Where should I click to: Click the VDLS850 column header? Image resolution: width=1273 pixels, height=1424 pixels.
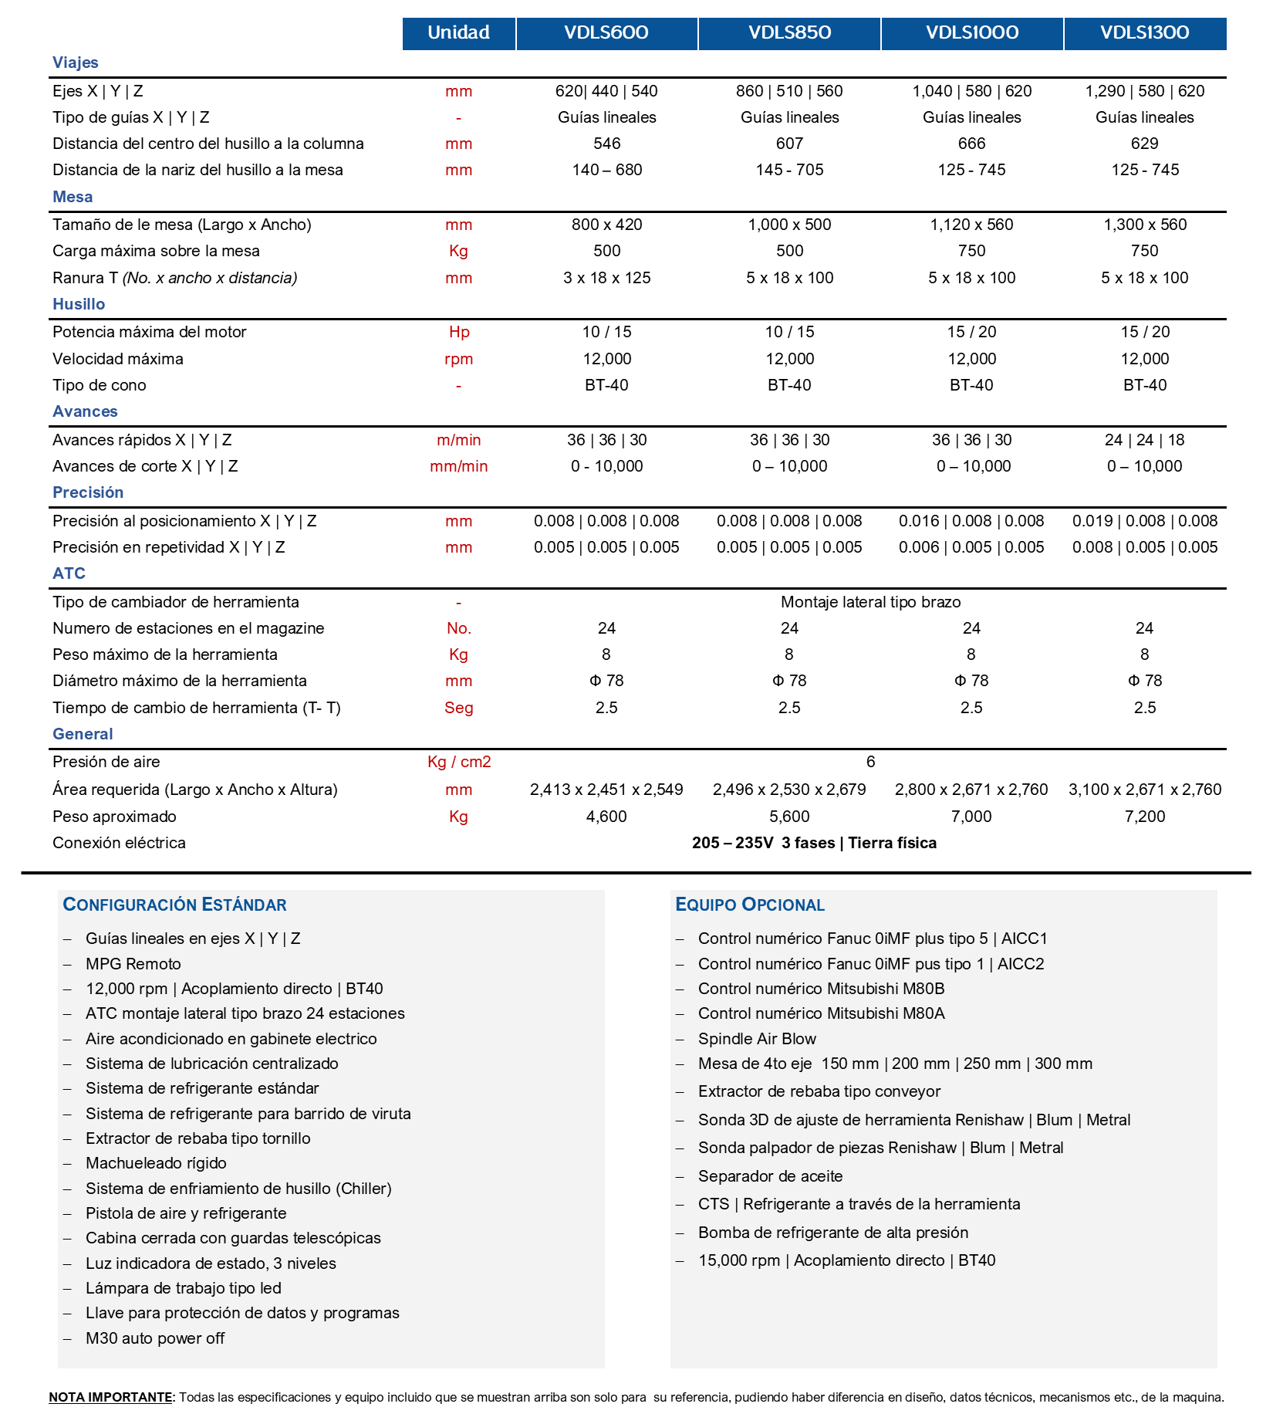coord(789,33)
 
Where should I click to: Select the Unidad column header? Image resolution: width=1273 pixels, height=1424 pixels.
coord(459,33)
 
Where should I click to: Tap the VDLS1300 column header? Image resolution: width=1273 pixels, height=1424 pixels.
coord(1145,33)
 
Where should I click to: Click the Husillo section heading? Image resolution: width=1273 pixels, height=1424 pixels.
coord(79,304)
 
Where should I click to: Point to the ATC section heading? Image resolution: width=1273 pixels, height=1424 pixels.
coord(69,573)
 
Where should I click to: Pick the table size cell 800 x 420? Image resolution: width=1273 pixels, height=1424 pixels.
coord(607,225)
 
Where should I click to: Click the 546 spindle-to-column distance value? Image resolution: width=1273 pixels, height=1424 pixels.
coord(607,144)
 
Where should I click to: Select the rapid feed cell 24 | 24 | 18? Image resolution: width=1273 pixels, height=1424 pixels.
coord(1145,440)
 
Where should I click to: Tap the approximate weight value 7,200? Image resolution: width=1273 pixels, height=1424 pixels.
coord(1145,817)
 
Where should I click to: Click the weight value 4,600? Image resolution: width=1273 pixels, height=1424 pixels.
coord(607,817)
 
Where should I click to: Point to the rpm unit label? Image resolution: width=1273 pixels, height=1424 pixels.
coord(459,359)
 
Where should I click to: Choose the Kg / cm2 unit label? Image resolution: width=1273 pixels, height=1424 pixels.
coord(459,762)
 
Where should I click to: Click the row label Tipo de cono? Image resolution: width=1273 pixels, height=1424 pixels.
coord(100,385)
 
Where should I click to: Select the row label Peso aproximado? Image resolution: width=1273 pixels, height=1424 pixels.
coord(114,817)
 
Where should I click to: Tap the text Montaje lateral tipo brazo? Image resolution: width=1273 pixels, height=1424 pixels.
coord(871,602)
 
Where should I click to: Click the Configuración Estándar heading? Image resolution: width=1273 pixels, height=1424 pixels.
coord(175,905)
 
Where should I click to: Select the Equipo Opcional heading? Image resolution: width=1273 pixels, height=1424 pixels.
coord(750,905)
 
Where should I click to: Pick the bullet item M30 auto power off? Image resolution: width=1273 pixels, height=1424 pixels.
coord(155,1338)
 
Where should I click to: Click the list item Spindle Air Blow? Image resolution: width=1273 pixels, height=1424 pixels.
coord(757,1039)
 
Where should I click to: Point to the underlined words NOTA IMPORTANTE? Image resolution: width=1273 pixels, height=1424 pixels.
coord(111,1397)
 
